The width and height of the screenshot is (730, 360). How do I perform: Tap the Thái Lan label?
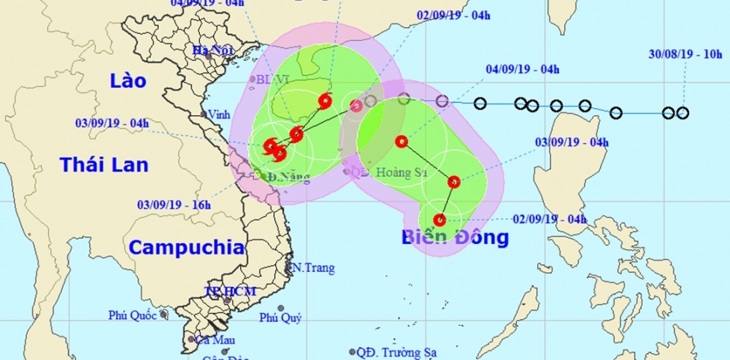click(104, 164)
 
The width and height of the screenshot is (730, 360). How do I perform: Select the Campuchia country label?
click(187, 247)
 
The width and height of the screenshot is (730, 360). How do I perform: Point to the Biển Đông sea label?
click(454, 237)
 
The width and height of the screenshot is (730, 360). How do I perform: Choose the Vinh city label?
click(220, 115)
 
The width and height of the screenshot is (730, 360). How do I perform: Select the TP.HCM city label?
click(230, 291)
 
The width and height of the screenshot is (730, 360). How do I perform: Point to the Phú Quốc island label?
click(134, 315)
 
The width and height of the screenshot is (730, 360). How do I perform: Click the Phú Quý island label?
click(281, 318)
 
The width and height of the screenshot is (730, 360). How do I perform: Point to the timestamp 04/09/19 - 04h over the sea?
click(522, 70)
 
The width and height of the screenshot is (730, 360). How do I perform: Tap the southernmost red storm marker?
click(439, 220)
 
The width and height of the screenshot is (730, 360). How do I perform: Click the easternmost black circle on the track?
click(683, 112)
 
